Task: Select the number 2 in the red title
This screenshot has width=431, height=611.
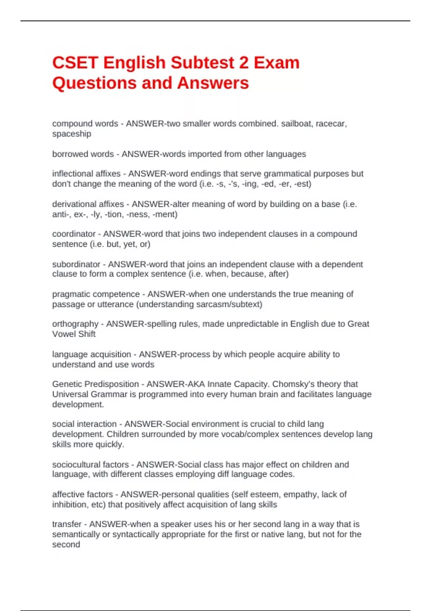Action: [x=244, y=63]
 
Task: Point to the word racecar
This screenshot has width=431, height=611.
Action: [x=331, y=124]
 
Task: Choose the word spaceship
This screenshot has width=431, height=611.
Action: [x=71, y=134]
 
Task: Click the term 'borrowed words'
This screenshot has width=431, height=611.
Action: [x=83, y=154]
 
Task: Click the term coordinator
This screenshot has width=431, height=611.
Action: [x=74, y=234]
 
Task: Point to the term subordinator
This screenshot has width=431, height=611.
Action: [x=76, y=264]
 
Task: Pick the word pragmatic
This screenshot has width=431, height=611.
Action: [x=71, y=294]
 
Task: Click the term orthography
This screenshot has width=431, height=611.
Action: [x=75, y=324]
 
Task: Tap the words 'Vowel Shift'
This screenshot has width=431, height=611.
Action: [x=74, y=334]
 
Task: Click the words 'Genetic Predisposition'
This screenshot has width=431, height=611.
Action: [x=96, y=384]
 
